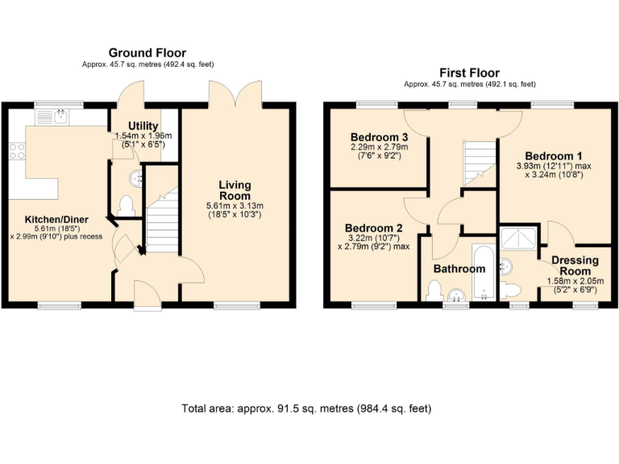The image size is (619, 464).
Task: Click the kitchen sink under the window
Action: click(61, 118)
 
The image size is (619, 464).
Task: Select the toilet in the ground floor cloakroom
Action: click(124, 205)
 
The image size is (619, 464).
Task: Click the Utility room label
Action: click(143, 126)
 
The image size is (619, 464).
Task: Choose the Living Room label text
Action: click(235, 191)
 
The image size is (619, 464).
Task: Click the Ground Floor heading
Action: click(147, 52)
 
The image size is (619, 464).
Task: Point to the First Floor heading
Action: click(469, 72)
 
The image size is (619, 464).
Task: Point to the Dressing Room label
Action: click(575, 266)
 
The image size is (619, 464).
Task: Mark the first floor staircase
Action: click(479, 161)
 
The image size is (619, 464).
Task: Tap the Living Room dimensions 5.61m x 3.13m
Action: click(235, 206)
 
